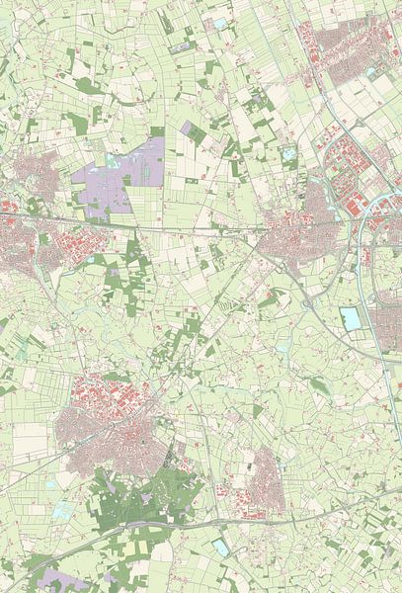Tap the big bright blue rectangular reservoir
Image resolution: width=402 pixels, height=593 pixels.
[351, 318]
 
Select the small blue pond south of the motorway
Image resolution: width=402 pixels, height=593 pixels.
[219, 545]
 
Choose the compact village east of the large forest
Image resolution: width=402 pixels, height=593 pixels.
[265, 484]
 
